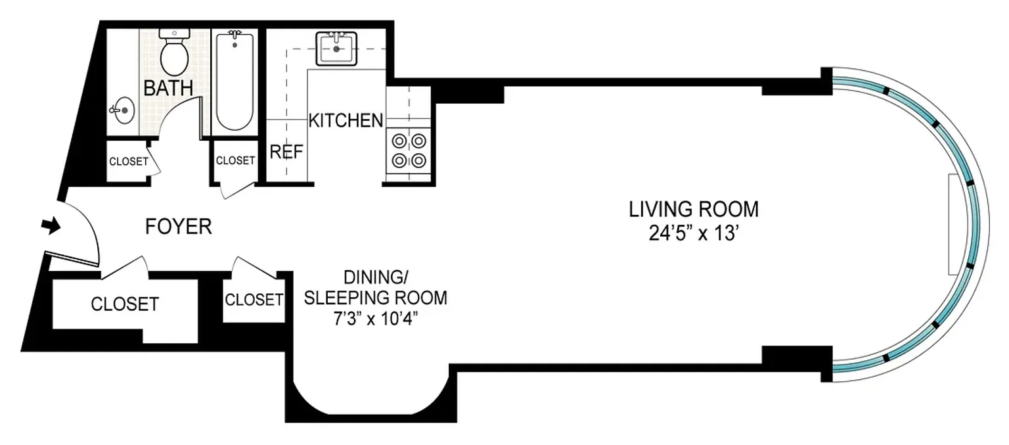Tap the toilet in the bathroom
(x=174, y=53)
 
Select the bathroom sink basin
(x=123, y=110)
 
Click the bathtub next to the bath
(x=235, y=81)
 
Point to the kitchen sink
(x=336, y=49)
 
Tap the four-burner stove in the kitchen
(x=409, y=151)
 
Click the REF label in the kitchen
(x=286, y=152)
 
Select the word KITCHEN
(x=346, y=120)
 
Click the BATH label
(x=168, y=87)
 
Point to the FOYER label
(x=179, y=226)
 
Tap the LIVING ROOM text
(x=694, y=209)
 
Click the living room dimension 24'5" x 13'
(x=694, y=233)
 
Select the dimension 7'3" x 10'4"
(x=375, y=319)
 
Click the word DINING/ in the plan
(x=375, y=277)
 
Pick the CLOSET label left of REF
(x=235, y=160)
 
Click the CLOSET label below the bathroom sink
(x=129, y=162)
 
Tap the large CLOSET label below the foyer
(x=125, y=304)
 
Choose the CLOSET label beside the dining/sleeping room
(x=254, y=300)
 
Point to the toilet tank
(x=174, y=34)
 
